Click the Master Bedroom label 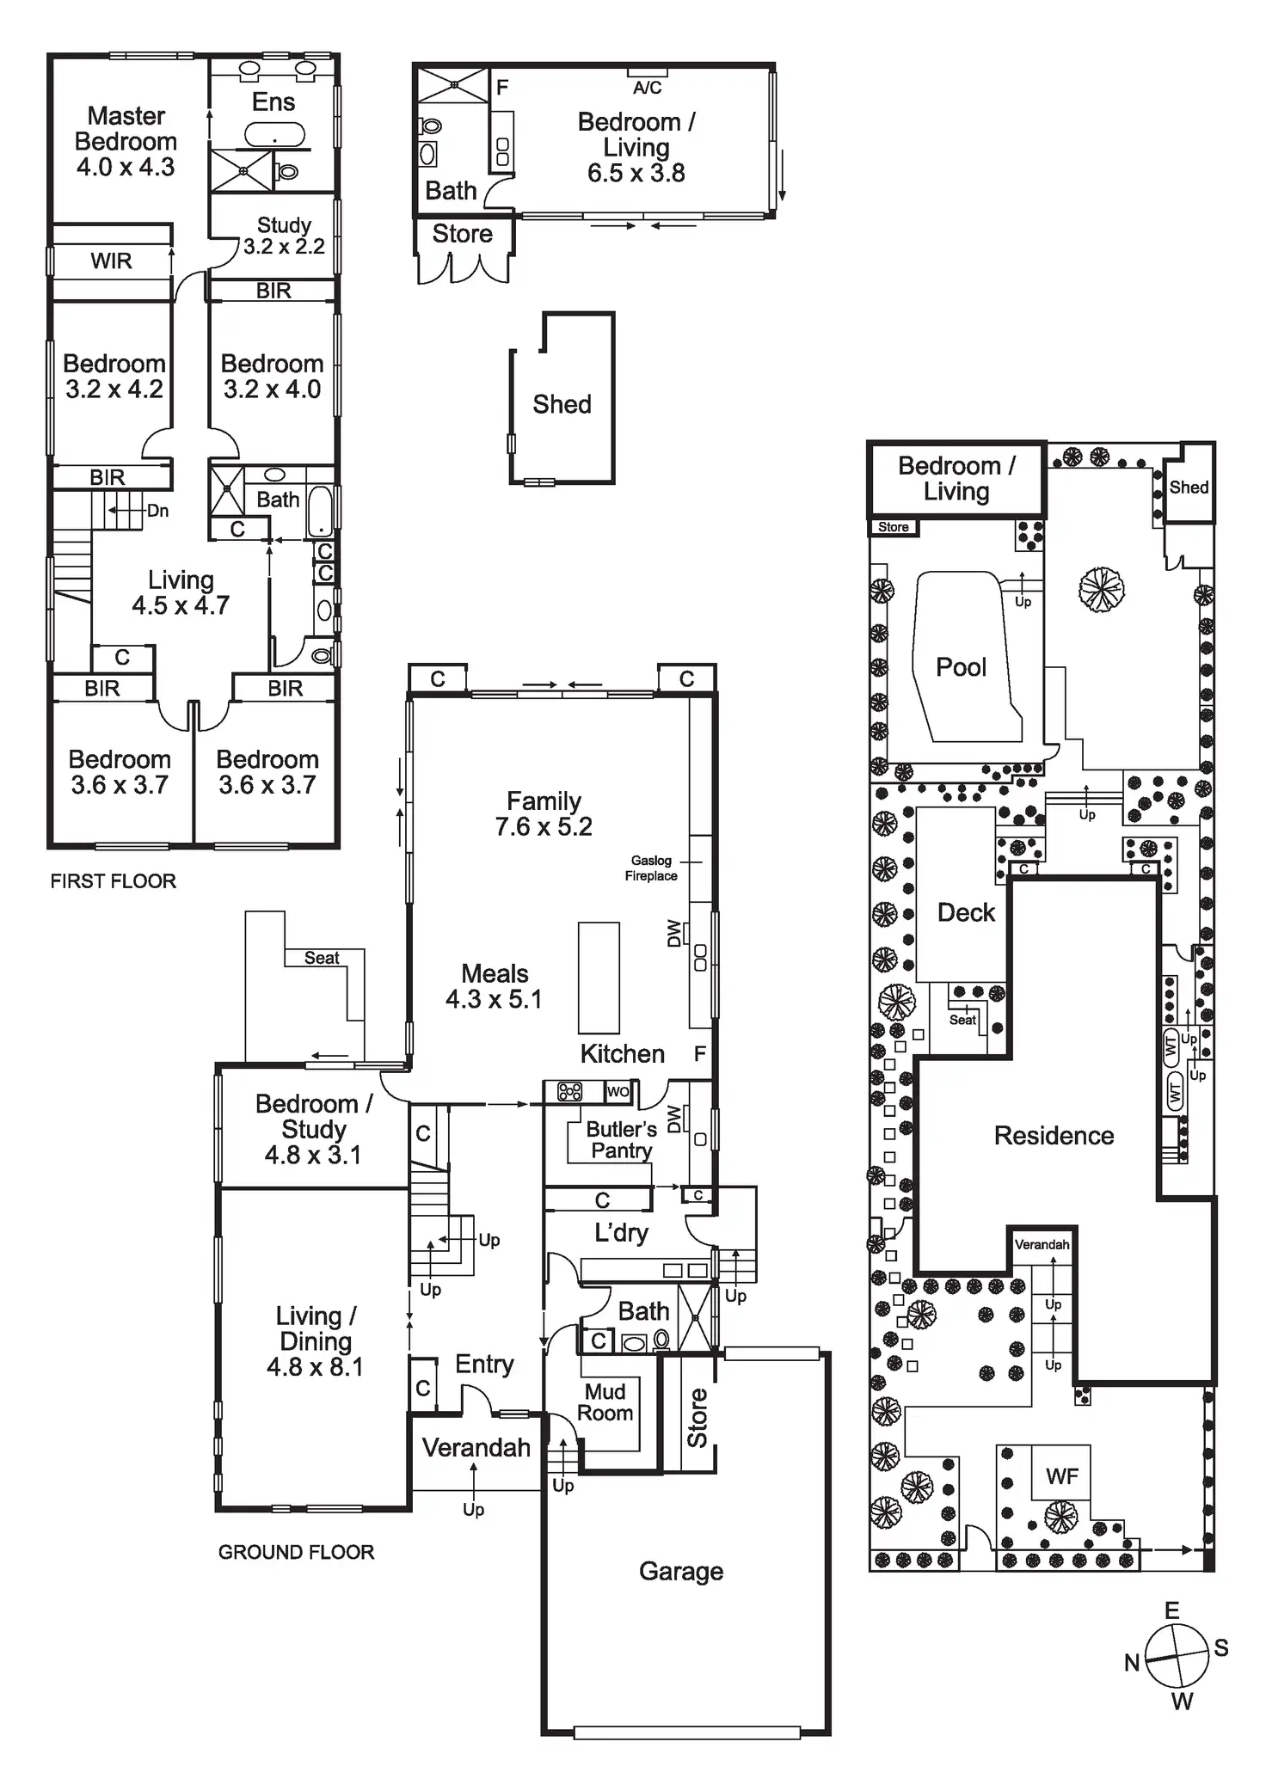coord(126,141)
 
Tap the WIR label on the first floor coord(111,261)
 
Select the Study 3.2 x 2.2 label coord(284,236)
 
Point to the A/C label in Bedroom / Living coord(647,88)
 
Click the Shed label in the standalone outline coord(562,404)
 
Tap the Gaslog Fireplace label coord(651,868)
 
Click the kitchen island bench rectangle coord(599,978)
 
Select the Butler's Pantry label coord(621,1139)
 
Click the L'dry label coord(621,1233)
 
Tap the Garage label coord(681,1571)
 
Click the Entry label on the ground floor coord(484,1364)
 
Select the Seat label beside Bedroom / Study coord(322,958)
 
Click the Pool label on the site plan coord(961,666)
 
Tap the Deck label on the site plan coord(966,912)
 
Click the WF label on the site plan coord(1061,1476)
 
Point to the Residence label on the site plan coord(1054,1135)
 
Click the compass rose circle coord(1177,1656)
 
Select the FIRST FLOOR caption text coord(113,880)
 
